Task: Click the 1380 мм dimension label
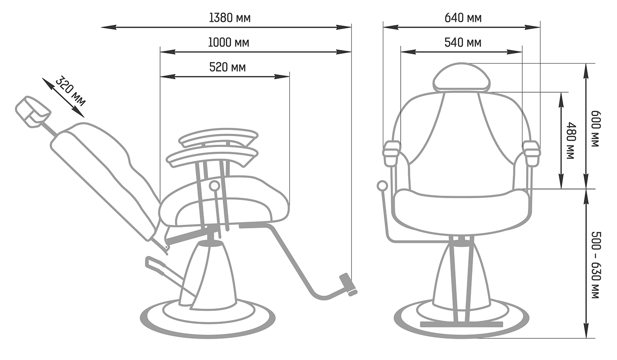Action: [x=230, y=18]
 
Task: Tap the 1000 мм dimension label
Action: [x=228, y=43]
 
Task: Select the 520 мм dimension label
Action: [x=228, y=67]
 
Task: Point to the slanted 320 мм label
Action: [x=70, y=91]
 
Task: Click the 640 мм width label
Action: [x=463, y=18]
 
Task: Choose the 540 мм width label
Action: [x=463, y=43]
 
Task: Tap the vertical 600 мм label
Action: [x=595, y=129]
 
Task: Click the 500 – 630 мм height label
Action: [x=596, y=265]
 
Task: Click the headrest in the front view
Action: [x=461, y=77]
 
